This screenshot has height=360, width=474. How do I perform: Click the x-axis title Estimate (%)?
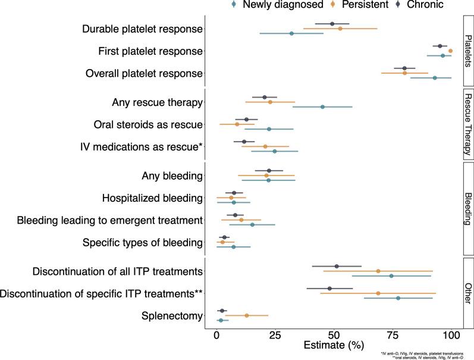[x=333, y=346]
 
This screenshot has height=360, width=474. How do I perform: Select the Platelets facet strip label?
[x=468, y=51]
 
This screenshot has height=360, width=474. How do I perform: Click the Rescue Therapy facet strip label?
[x=468, y=124]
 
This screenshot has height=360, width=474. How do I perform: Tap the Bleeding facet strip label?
[x=468, y=209]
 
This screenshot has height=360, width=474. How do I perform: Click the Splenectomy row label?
[x=171, y=315]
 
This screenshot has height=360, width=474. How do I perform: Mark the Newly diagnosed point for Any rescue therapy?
[x=322, y=107]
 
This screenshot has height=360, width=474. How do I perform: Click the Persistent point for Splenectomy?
[x=247, y=315]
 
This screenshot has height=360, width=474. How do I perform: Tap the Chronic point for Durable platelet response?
[x=332, y=24]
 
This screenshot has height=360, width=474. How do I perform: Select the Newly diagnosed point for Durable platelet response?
[x=291, y=33]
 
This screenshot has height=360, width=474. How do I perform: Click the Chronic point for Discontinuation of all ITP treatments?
[x=337, y=267]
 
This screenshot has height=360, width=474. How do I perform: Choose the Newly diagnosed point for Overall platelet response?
[x=435, y=78]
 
